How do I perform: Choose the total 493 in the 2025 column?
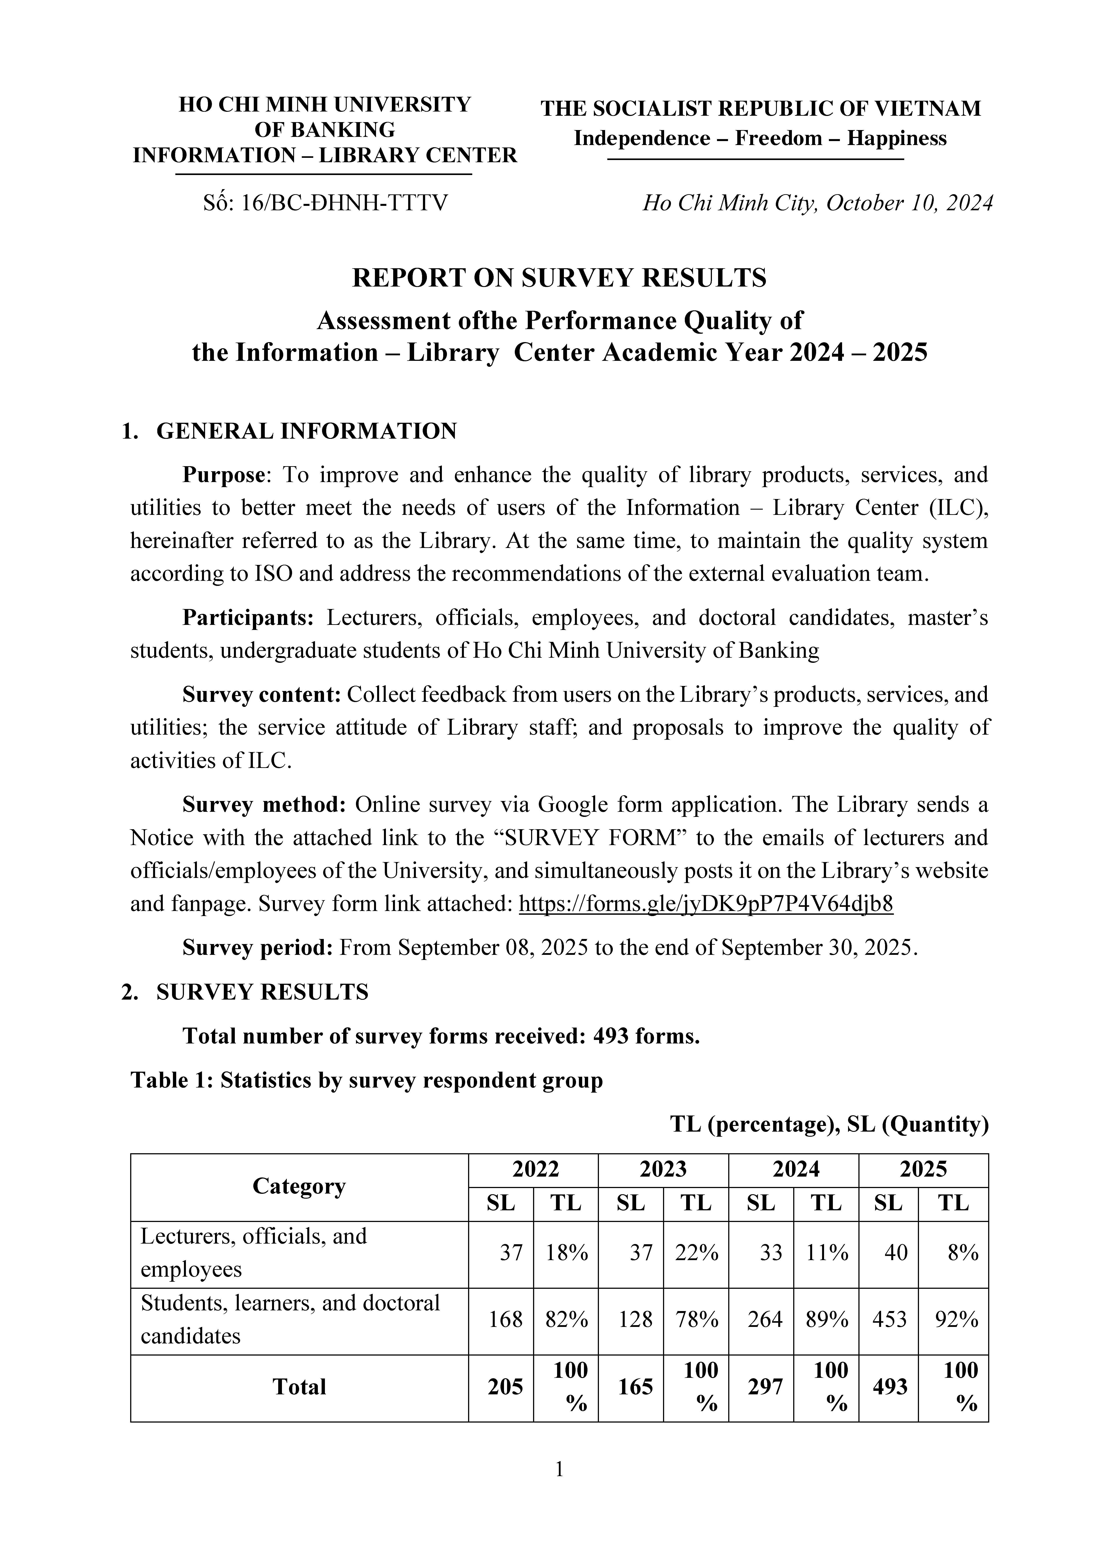(x=890, y=1386)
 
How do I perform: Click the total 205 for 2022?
(x=505, y=1386)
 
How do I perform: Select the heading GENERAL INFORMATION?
(x=306, y=431)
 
